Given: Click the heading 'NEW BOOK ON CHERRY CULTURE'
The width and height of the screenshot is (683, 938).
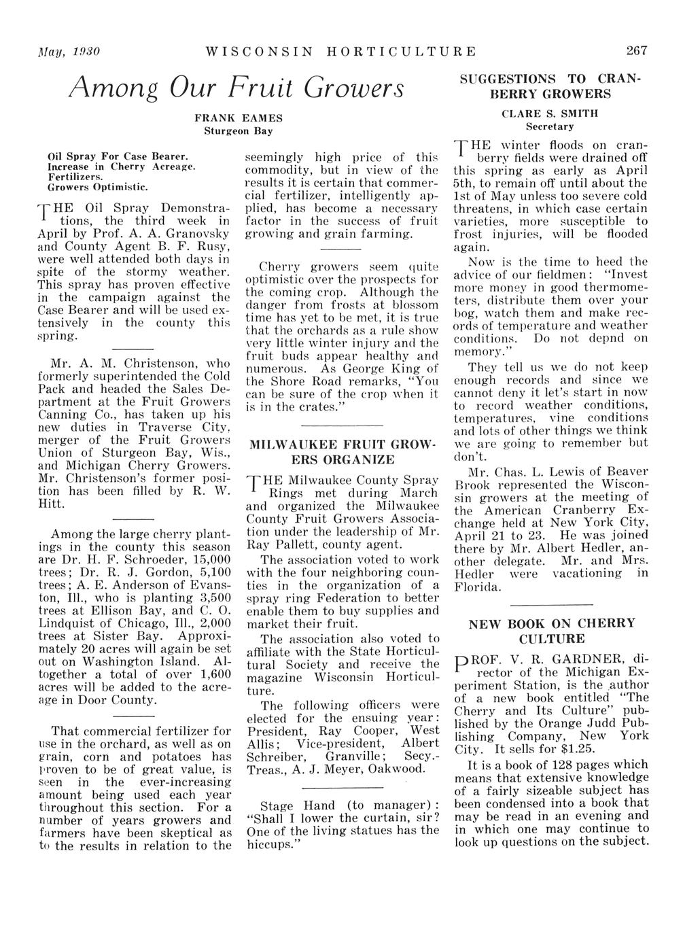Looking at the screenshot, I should point(551,631).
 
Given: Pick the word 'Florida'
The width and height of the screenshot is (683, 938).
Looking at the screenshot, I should point(478,586).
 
